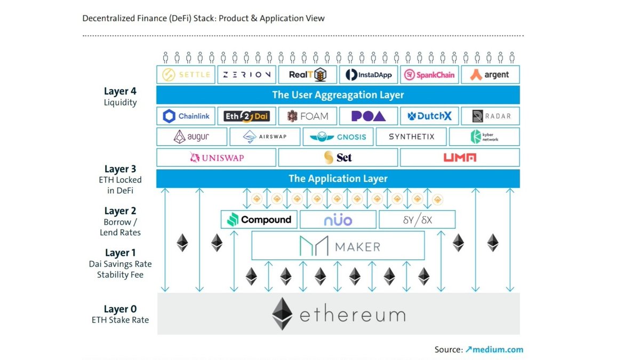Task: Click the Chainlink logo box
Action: coord(186,116)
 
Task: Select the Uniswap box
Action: coord(216,157)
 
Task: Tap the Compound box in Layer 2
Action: coord(259,219)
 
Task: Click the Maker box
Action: coord(338,246)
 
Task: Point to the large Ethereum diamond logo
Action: coord(282,314)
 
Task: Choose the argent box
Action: coord(490,75)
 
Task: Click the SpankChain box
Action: coord(429,75)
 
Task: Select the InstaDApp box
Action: coord(369,75)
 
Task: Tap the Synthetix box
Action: coord(411,137)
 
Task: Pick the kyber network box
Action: coord(484,137)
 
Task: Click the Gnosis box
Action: coord(338,137)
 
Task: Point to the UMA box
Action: coord(459,157)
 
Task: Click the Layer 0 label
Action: coord(120,309)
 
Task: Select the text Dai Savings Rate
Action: coord(120,264)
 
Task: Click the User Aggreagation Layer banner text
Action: coord(338,95)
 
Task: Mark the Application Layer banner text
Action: coord(338,178)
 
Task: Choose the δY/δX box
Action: coord(417,219)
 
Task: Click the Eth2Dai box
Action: coord(246,116)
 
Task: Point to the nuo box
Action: coord(338,219)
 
